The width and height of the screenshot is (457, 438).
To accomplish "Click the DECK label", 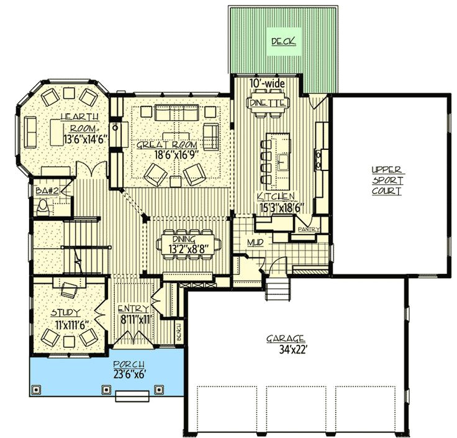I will [x=283, y=42].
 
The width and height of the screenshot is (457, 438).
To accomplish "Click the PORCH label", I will [x=129, y=364].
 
